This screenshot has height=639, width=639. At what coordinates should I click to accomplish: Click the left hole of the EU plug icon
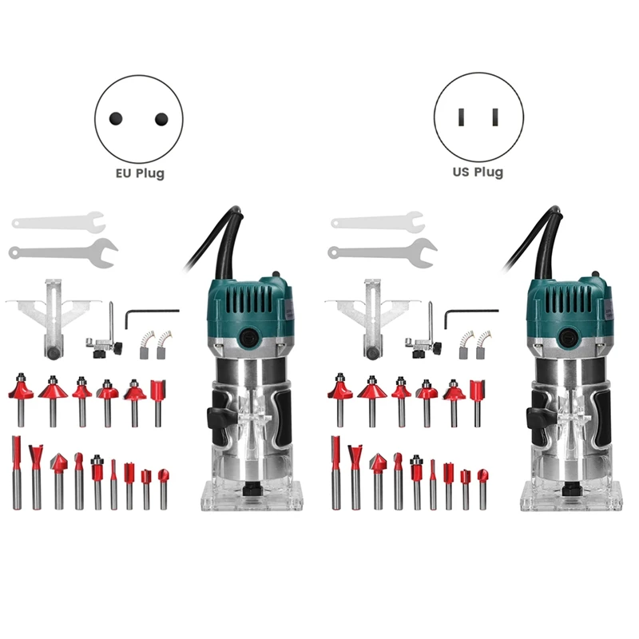[x=116, y=118]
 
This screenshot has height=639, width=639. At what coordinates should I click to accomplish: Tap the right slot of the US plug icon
[x=495, y=117]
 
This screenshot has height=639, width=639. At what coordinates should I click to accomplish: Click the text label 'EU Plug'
[x=141, y=173]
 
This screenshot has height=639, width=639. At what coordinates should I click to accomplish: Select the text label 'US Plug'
[x=478, y=172]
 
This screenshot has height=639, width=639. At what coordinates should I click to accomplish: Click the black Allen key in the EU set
[x=152, y=312]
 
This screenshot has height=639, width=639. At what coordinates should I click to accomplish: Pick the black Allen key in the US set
[x=471, y=312]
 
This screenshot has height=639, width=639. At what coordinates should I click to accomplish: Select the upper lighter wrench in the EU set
[x=58, y=222]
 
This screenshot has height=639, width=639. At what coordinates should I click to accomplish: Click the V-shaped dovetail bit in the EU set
[x=36, y=477]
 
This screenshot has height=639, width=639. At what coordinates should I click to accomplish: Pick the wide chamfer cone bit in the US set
[x=372, y=401]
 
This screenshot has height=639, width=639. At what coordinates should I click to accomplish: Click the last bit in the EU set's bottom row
[x=164, y=490]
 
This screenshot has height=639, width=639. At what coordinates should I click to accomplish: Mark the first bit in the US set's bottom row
[x=335, y=473]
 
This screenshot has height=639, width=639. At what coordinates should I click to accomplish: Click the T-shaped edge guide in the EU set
[x=53, y=319]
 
